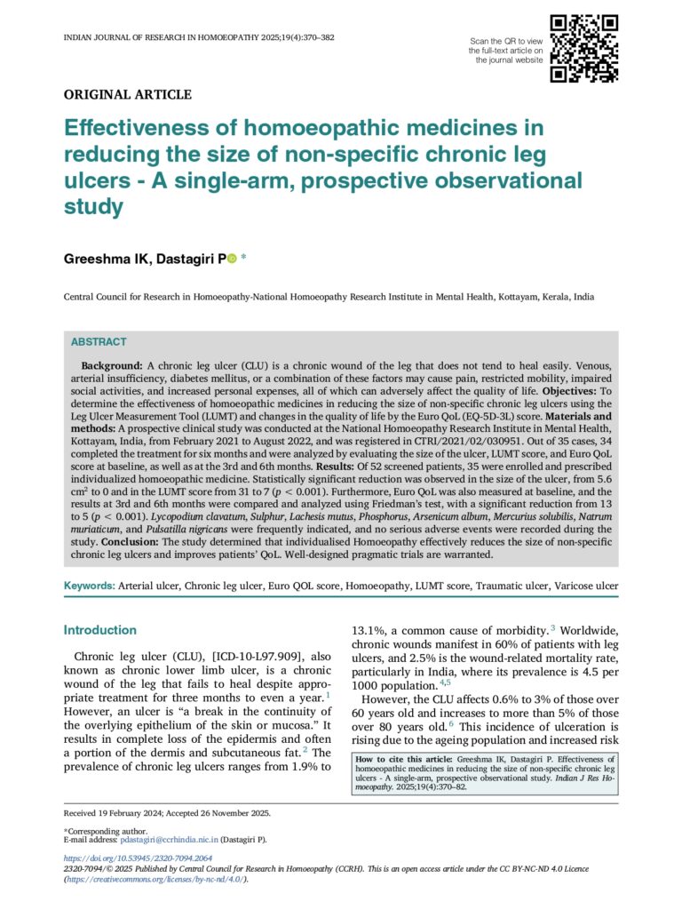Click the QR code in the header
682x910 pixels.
pyautogui.click(x=583, y=49)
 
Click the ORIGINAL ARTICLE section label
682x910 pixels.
pyautogui.click(x=127, y=94)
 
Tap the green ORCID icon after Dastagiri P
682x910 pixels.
pyautogui.click(x=232, y=259)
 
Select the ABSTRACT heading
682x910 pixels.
pyautogui.click(x=99, y=342)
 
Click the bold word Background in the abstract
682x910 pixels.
pyautogui.click(x=111, y=366)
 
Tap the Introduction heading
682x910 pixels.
pyautogui.click(x=99, y=630)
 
